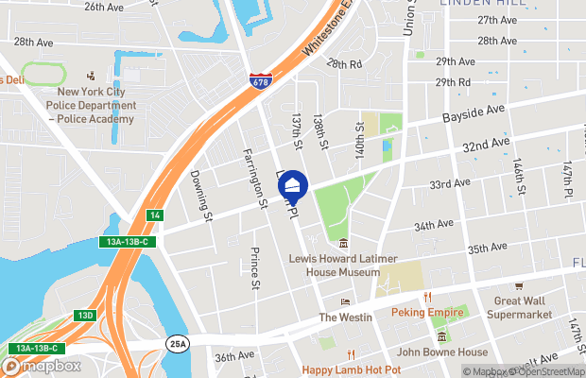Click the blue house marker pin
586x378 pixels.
pos(293,185)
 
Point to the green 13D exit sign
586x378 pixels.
pos(86,315)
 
